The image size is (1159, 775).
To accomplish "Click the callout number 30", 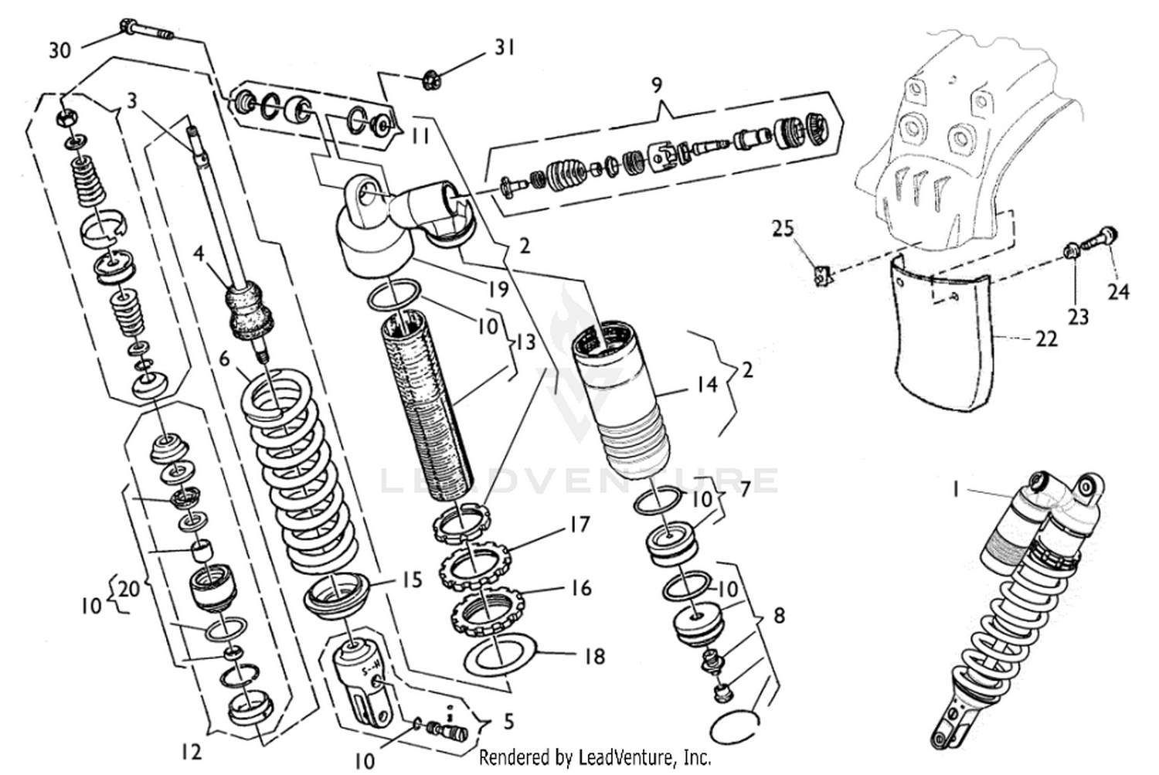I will pyautogui.click(x=59, y=50).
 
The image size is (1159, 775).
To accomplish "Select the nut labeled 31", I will pyautogui.click(x=430, y=77).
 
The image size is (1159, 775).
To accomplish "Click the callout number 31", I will pyautogui.click(x=504, y=48).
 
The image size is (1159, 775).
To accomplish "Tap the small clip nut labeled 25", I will pyautogui.click(x=824, y=273).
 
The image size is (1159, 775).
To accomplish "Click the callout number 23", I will pyautogui.click(x=1077, y=316).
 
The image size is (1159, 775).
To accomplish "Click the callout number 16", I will pyautogui.click(x=581, y=589).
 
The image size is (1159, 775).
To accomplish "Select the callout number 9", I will pyautogui.click(x=656, y=84).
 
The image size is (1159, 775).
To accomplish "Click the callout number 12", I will pyautogui.click(x=191, y=752).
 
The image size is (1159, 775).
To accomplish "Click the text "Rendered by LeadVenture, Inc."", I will pyautogui.click(x=595, y=757).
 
